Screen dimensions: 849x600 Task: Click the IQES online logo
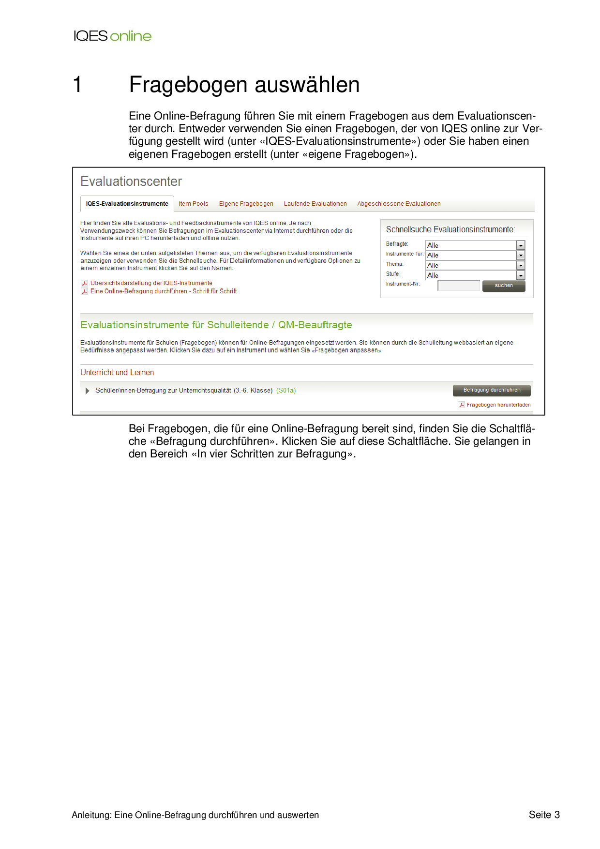112,36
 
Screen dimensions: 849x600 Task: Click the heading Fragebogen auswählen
244,85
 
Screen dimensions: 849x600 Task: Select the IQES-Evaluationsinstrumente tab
127,204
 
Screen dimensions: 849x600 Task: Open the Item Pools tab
194,204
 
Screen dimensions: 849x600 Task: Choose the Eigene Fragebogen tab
246,204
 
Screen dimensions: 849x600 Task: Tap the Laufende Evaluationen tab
315,204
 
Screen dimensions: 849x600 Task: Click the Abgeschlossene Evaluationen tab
399,204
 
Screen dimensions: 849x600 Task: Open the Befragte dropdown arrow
521,245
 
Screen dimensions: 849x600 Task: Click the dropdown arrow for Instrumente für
521,255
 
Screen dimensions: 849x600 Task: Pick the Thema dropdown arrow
521,265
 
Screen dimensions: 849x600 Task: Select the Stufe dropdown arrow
521,275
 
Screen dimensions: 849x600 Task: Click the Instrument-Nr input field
458,286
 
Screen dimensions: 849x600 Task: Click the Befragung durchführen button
492,390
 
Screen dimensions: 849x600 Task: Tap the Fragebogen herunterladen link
498,405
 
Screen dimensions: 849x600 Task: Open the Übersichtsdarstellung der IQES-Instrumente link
151,283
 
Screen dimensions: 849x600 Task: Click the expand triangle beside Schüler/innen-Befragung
88,391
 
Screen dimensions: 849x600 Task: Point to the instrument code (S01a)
286,391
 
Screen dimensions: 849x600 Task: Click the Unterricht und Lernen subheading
117,373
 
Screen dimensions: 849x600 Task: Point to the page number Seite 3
544,815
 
